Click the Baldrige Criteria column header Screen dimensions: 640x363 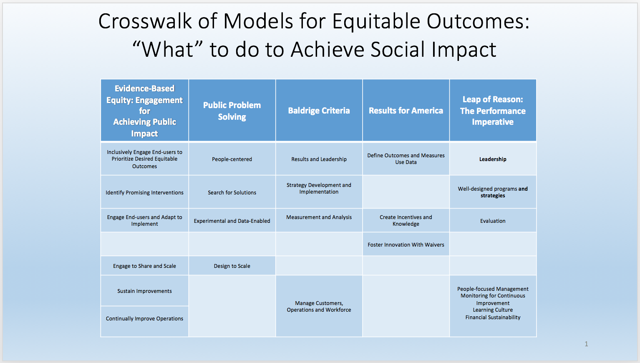319,111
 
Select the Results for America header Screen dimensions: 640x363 406,111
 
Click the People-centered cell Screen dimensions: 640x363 232,159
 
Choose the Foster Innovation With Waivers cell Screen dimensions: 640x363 406,245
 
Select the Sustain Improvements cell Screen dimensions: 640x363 145,291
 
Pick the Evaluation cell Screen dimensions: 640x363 493,221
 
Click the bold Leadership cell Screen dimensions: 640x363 493,159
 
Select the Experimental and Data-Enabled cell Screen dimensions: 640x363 232,221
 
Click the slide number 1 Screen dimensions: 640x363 586,344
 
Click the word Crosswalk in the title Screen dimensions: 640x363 145,21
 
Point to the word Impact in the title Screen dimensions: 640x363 464,50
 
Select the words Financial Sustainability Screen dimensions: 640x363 493,317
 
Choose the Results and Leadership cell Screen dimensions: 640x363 319,159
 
